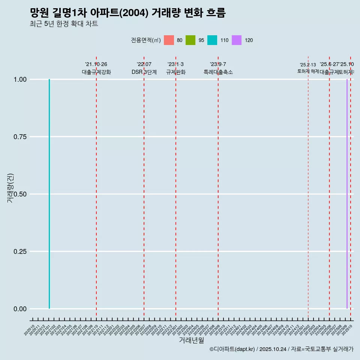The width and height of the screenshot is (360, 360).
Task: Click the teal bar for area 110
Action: (x=49, y=194)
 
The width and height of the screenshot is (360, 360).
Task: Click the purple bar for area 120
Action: (x=347, y=194)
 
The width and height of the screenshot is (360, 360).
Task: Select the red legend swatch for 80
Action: (x=169, y=40)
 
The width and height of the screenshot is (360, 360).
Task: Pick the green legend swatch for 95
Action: (x=190, y=40)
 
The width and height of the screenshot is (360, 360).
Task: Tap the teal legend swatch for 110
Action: (x=212, y=40)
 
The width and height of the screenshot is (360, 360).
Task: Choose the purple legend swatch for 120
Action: (x=237, y=40)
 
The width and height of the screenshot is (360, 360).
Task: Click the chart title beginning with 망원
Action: (x=127, y=13)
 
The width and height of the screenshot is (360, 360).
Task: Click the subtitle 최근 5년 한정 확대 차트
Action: (x=64, y=24)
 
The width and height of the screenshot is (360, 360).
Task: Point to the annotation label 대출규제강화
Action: (x=96, y=72)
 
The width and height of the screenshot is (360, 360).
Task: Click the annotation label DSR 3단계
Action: (x=144, y=72)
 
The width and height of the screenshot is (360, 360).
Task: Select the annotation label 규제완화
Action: (x=176, y=72)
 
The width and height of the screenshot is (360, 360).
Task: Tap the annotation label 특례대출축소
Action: (x=218, y=72)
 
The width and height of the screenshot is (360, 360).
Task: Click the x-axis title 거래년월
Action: (x=191, y=340)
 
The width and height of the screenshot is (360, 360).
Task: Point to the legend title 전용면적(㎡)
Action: (x=146, y=40)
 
